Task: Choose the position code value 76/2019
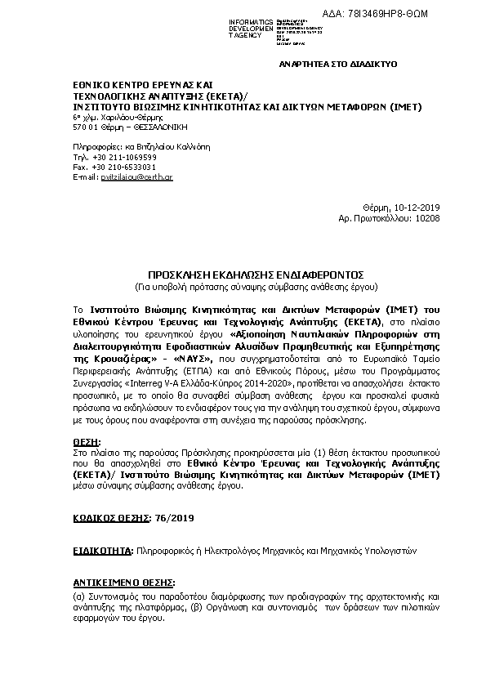click(x=176, y=518)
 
